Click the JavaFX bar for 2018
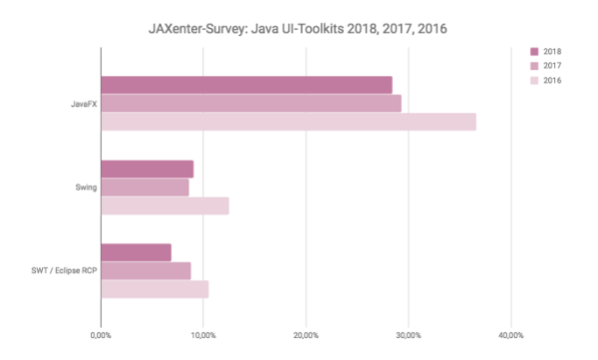(246, 85)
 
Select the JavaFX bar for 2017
(250, 103)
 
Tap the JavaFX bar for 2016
(288, 122)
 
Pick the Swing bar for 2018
(147, 169)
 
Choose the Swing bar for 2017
(145, 186)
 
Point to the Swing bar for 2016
(164, 205)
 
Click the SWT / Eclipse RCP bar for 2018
(136, 252)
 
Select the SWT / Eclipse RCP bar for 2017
(146, 270)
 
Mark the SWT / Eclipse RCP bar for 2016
(154, 289)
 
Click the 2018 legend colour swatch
(535, 50)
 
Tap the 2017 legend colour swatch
(535, 65)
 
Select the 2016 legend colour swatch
(535, 80)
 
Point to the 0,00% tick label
(101, 334)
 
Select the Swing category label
(84, 186)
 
